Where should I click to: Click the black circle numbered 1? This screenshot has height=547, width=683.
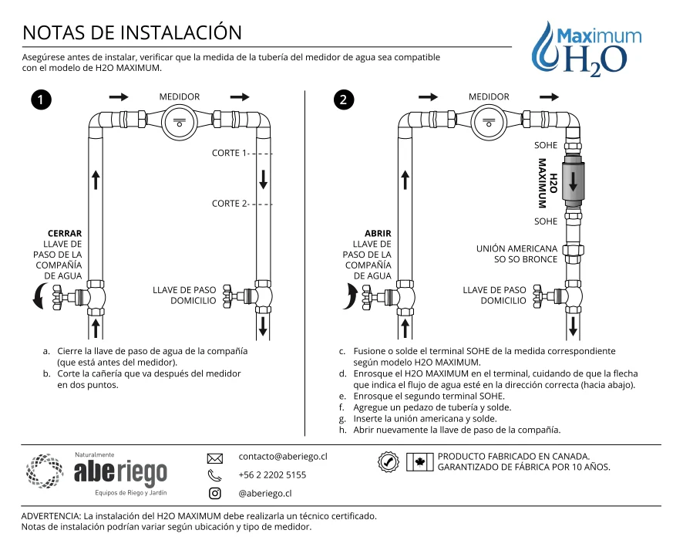(41, 100)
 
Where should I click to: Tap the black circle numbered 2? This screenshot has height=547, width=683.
(344, 100)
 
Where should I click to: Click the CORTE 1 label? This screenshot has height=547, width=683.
(229, 153)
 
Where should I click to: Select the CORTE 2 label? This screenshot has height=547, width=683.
(229, 204)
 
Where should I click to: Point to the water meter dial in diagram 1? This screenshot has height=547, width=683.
(180, 123)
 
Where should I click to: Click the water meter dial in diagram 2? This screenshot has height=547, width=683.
(489, 123)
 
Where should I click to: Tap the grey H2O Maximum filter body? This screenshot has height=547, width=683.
(574, 183)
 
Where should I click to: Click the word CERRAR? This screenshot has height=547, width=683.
(65, 233)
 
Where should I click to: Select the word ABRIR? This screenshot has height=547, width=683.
(378, 233)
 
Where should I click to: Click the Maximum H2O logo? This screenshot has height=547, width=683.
(587, 49)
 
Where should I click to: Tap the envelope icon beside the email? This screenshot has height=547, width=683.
(215, 458)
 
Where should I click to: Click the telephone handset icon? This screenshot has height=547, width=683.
(214, 475)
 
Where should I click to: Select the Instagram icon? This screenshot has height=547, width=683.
(215, 494)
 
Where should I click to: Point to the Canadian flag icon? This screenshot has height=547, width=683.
(420, 462)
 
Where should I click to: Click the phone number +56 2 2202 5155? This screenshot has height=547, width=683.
(272, 474)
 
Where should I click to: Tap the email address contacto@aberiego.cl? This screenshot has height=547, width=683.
(283, 456)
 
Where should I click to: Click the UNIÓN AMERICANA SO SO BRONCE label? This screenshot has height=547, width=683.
(517, 254)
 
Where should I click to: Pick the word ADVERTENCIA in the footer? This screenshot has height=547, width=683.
(51, 516)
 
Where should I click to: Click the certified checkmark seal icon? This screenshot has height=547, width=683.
(388, 461)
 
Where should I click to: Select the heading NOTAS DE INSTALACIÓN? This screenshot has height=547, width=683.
(132, 32)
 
